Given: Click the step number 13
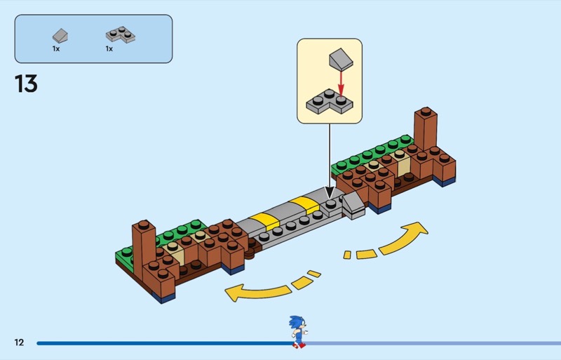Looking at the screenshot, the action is pyautogui.click(x=26, y=84).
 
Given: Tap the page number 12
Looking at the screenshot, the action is pyautogui.click(x=19, y=342).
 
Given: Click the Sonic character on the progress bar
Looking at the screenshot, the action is pyautogui.click(x=297, y=331).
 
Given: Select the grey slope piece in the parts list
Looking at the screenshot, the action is pyautogui.click(x=60, y=34).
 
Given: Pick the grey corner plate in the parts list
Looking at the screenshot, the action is pyautogui.click(x=119, y=34).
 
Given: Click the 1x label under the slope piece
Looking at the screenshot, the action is pyautogui.click(x=56, y=49).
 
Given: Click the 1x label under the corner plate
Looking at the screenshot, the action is pyautogui.click(x=109, y=49).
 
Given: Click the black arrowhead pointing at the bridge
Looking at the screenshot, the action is pyautogui.click(x=330, y=193).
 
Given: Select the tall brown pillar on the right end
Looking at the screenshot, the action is pyautogui.click(x=425, y=130).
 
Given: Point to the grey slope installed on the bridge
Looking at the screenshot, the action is pyautogui.click(x=351, y=204).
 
